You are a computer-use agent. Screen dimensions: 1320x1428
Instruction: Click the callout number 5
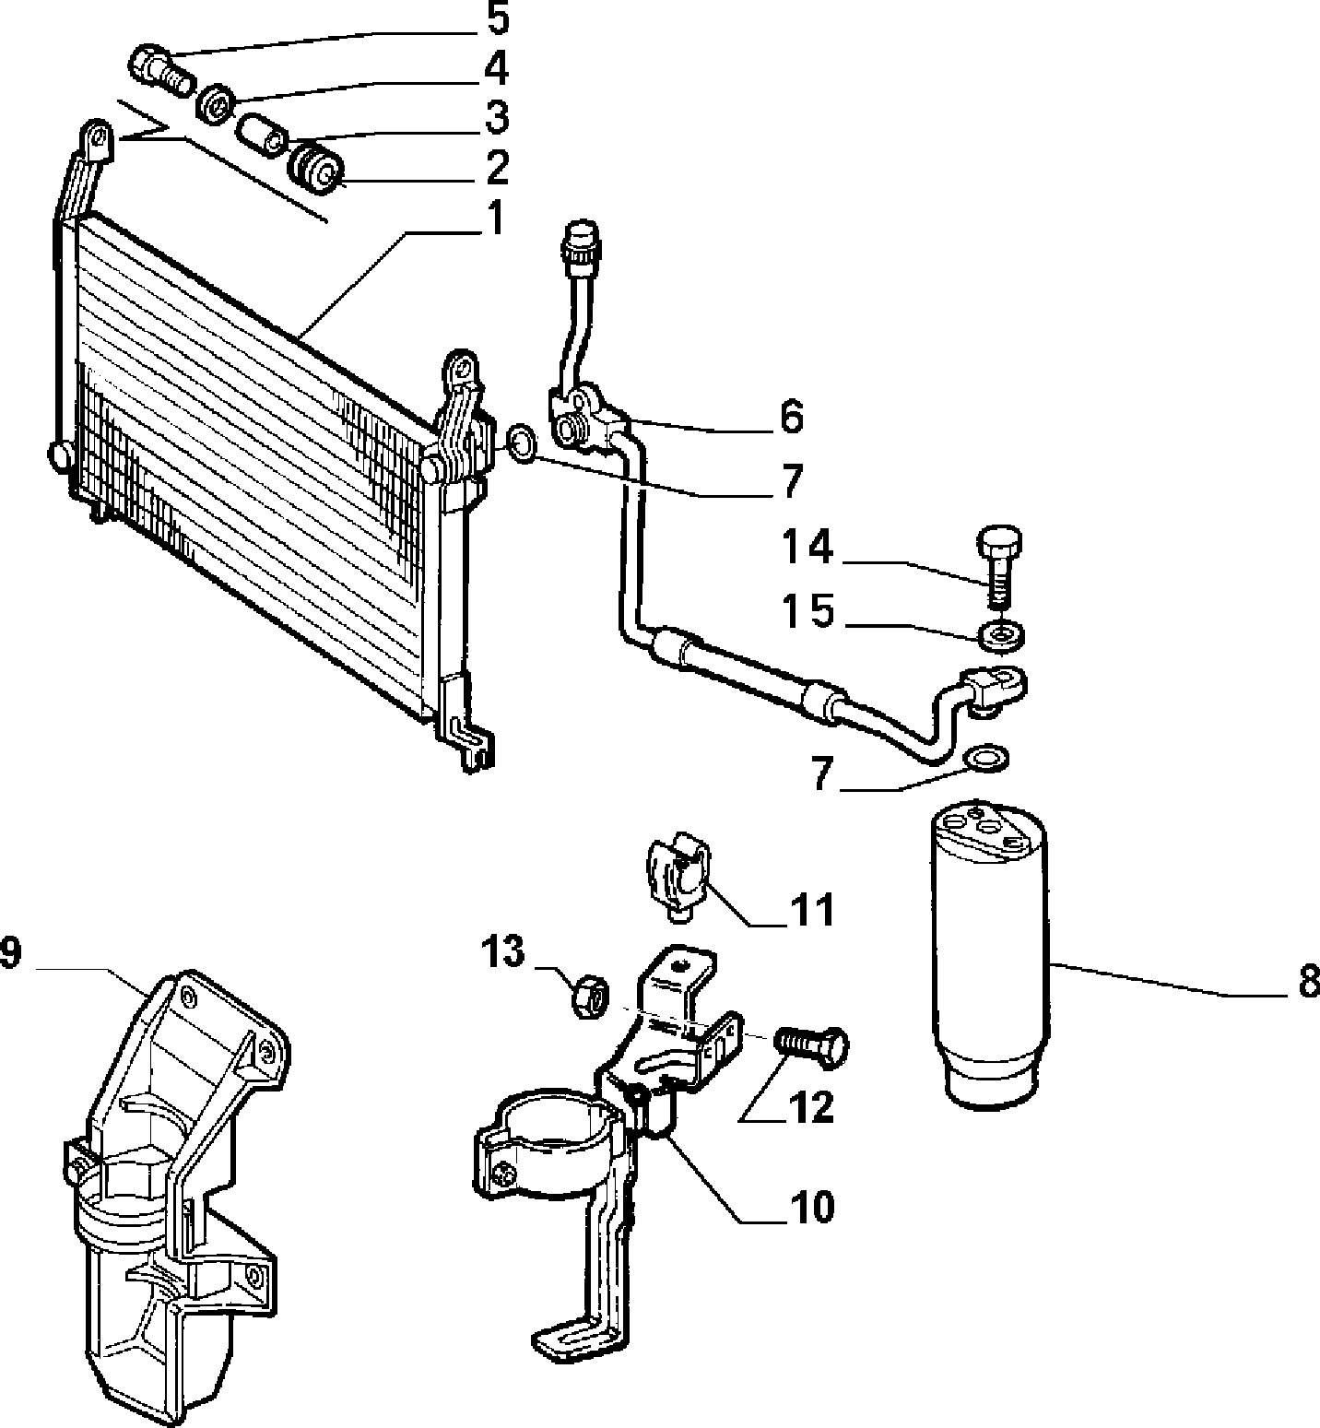[x=496, y=18]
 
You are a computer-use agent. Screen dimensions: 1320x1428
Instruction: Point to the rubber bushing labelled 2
[x=318, y=167]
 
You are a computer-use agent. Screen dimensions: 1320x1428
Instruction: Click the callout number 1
[x=495, y=218]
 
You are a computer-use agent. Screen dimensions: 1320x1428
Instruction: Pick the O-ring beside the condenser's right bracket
[x=522, y=443]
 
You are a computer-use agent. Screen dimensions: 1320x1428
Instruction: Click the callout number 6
[x=791, y=417]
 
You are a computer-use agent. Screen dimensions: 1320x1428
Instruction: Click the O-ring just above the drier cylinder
[x=986, y=759]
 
